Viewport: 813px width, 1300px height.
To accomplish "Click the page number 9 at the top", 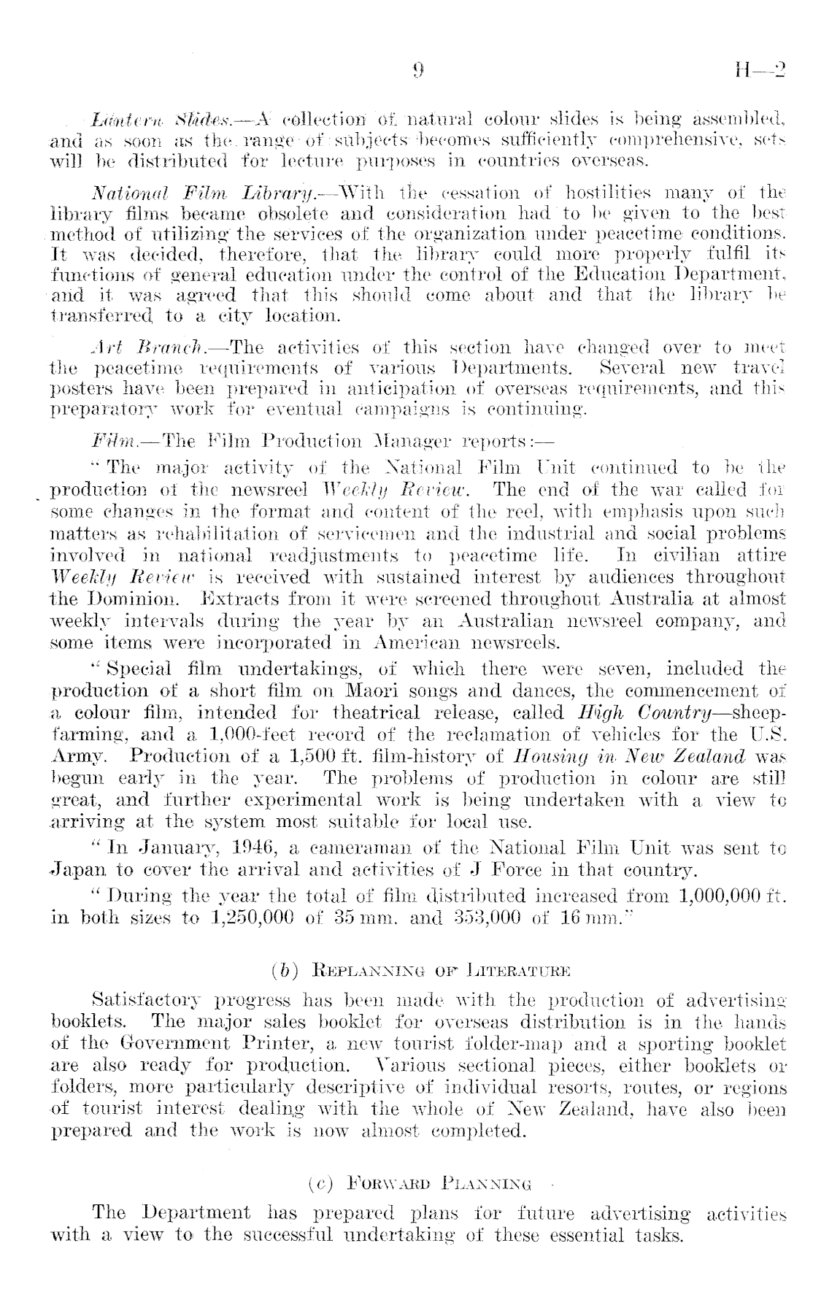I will tap(418, 70).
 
